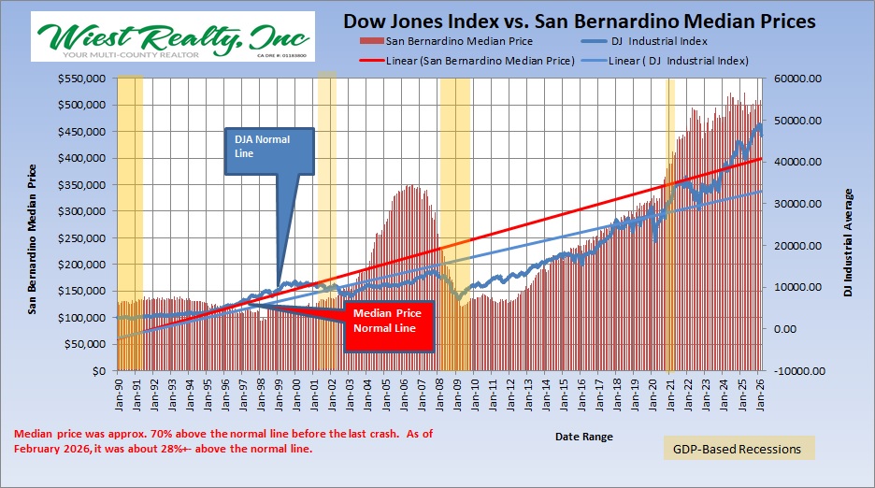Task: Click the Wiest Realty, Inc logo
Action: click(x=173, y=37)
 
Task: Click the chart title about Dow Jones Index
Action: click(x=580, y=20)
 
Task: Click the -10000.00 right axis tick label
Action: click(x=796, y=371)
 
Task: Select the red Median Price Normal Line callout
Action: click(x=389, y=322)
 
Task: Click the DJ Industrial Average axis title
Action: click(x=849, y=242)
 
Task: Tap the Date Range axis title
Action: click(x=584, y=436)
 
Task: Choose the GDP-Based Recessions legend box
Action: click(x=739, y=449)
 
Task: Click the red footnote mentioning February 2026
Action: click(x=224, y=441)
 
